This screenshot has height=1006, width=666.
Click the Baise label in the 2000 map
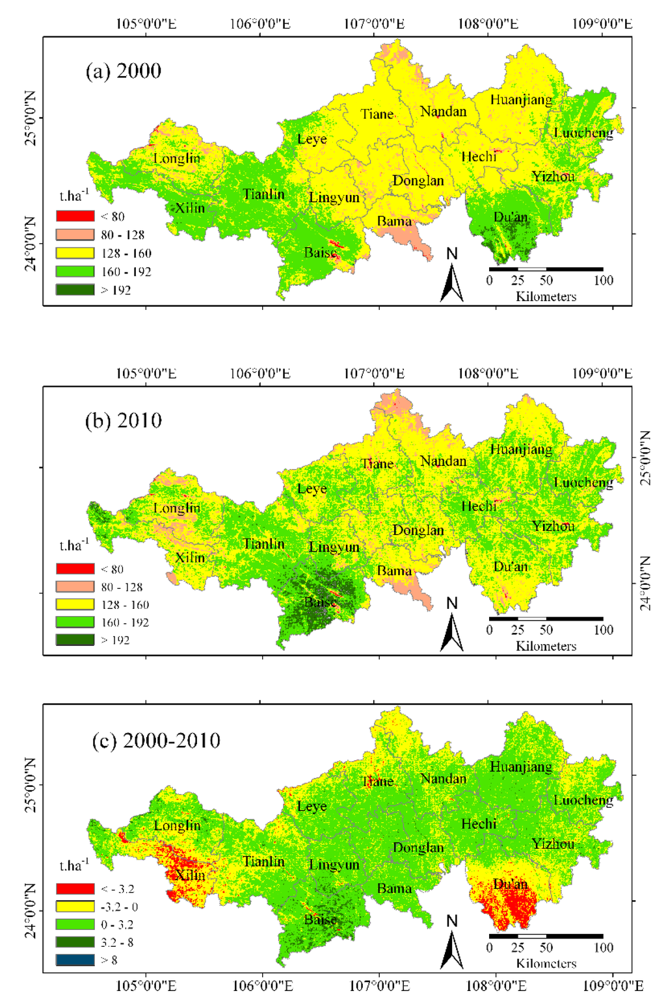point(320,252)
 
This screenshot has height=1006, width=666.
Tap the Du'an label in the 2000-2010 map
point(511,884)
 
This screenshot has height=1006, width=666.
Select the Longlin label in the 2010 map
point(176,508)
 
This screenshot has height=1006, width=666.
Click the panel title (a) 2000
point(124,71)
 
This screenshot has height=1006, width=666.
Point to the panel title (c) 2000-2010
point(156,741)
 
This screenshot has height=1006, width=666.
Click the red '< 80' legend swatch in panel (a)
point(75,216)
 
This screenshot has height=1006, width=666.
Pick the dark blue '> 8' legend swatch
point(75,960)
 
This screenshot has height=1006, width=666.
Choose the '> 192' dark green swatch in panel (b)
point(75,640)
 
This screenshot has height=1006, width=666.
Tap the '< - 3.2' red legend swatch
point(75,888)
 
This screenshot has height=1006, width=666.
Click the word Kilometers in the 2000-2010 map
point(546,963)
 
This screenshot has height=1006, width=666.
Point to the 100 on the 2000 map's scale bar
point(603,281)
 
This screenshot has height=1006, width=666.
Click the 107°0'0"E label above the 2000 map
point(374,24)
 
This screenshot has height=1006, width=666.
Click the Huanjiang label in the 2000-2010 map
point(520,767)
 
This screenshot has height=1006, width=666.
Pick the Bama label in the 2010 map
point(394,571)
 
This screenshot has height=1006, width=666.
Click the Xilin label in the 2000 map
point(190,209)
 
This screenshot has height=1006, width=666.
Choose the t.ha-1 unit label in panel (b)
point(74,545)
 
